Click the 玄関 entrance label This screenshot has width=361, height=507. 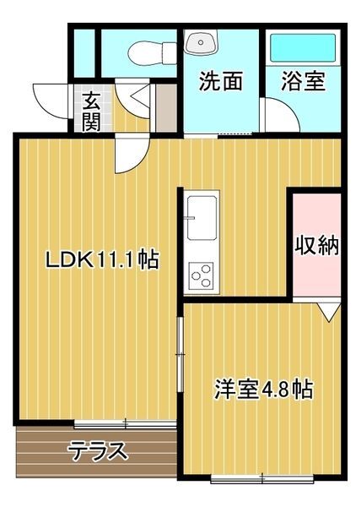[91, 111]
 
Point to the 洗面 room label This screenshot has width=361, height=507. [221, 82]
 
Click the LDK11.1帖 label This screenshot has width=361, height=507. [101, 259]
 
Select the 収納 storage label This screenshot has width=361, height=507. [316, 246]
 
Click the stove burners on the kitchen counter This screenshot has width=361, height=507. [202, 274]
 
